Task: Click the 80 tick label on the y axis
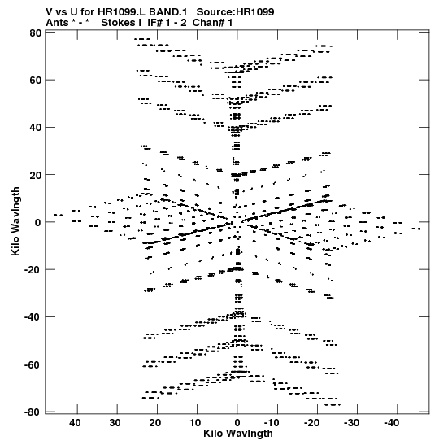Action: (x=36, y=33)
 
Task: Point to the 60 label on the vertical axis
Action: (x=36, y=81)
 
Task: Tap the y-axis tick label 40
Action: (x=36, y=128)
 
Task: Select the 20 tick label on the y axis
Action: (x=36, y=175)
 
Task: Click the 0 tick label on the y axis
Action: (x=38, y=223)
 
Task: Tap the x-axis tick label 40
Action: (x=75, y=423)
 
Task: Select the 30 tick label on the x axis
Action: (x=115, y=423)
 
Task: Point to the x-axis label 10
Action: (x=195, y=423)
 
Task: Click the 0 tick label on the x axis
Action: (x=237, y=423)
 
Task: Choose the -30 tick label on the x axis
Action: (x=352, y=423)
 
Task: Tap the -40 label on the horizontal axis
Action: (x=392, y=423)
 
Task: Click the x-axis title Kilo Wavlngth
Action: (x=238, y=434)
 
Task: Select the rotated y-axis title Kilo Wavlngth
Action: (x=15, y=221)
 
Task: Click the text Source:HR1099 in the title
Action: (x=236, y=12)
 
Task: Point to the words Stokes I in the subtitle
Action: (x=121, y=23)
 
